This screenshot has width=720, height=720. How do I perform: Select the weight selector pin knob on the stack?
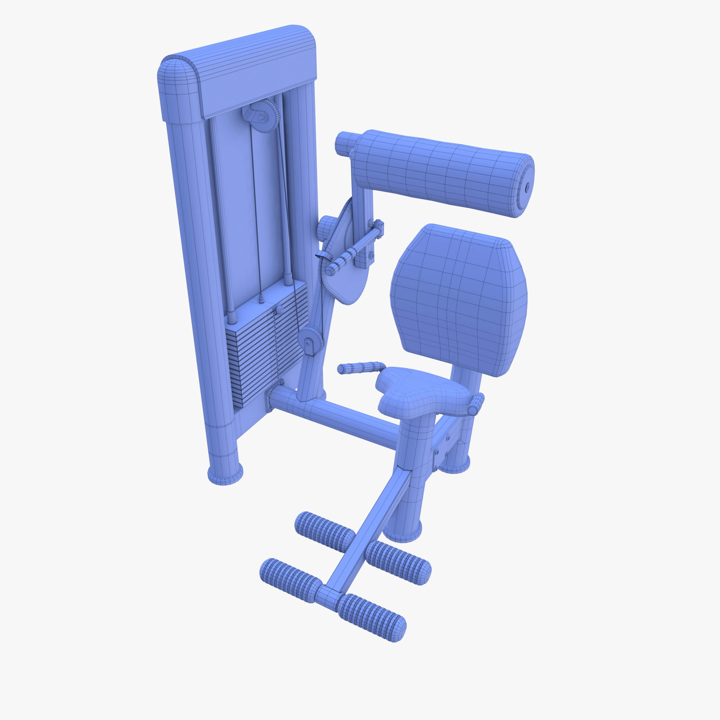pos(279,309)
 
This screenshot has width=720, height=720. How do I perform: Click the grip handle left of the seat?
pos(360,367)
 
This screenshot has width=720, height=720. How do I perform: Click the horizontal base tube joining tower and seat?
pos(335,417)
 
